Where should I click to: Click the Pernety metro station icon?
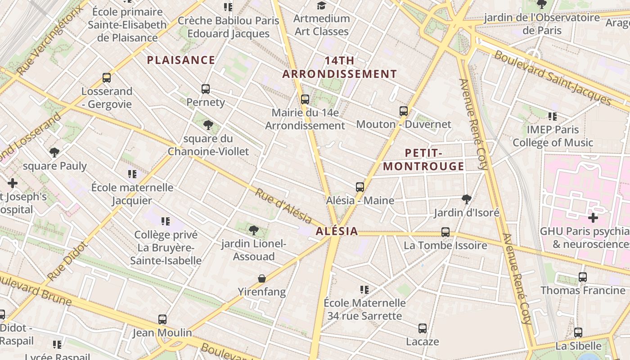(x=206, y=89)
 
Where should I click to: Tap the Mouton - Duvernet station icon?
(x=404, y=111)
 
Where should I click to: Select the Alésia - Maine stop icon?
(x=360, y=187)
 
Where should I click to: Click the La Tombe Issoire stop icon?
(x=445, y=232)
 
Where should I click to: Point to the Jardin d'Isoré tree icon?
(x=467, y=199)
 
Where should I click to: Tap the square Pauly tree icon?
(x=54, y=153)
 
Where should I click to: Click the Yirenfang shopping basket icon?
(x=262, y=279)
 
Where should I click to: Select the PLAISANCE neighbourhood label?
(x=181, y=60)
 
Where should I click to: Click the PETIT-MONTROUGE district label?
(x=423, y=160)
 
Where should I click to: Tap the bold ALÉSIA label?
(x=337, y=231)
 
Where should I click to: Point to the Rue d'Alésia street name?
(x=283, y=206)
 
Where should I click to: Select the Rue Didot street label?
(x=66, y=261)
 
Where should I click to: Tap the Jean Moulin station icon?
(x=162, y=319)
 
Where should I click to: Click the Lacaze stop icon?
(x=423, y=328)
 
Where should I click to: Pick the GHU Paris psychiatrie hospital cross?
(x=593, y=218)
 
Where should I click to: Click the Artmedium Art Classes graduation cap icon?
(x=321, y=5)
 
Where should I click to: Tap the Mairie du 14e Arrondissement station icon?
(x=305, y=99)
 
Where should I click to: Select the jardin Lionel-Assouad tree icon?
(x=254, y=230)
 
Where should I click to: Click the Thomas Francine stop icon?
(x=583, y=277)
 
